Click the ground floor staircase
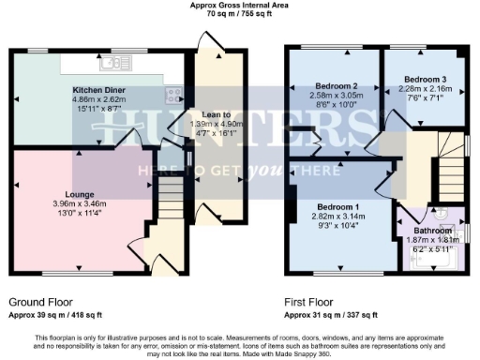click(168, 198)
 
